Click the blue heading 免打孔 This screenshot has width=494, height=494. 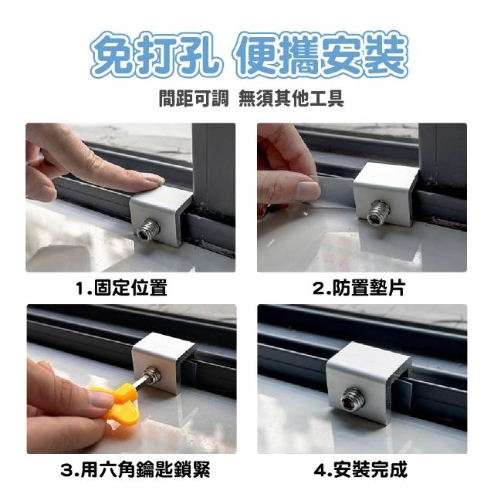click(x=155, y=55)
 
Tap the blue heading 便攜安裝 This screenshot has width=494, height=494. click(x=320, y=55)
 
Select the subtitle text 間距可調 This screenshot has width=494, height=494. click(x=194, y=98)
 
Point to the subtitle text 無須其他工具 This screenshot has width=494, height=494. click(x=291, y=98)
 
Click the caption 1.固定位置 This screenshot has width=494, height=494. click(x=121, y=288)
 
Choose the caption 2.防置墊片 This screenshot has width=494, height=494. click(x=359, y=288)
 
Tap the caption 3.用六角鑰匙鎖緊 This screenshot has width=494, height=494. click(x=135, y=469)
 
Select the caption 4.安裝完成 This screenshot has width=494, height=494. click(x=360, y=469)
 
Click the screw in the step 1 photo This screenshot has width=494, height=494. click(x=148, y=229)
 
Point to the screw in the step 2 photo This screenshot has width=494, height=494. click(x=379, y=209)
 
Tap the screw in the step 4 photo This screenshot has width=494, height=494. click(x=353, y=398)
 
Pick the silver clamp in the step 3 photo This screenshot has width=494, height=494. click(x=163, y=362)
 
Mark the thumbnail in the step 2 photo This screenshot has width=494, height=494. click(x=308, y=190)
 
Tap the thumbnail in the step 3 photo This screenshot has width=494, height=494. click(x=100, y=399)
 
